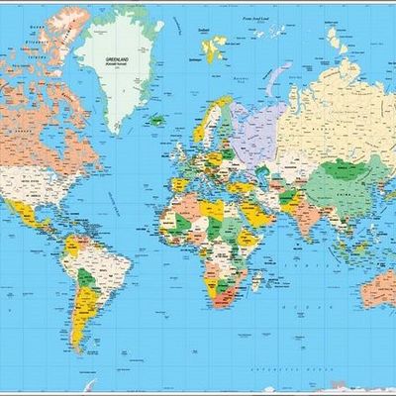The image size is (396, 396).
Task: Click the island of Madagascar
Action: pos(255,283)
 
